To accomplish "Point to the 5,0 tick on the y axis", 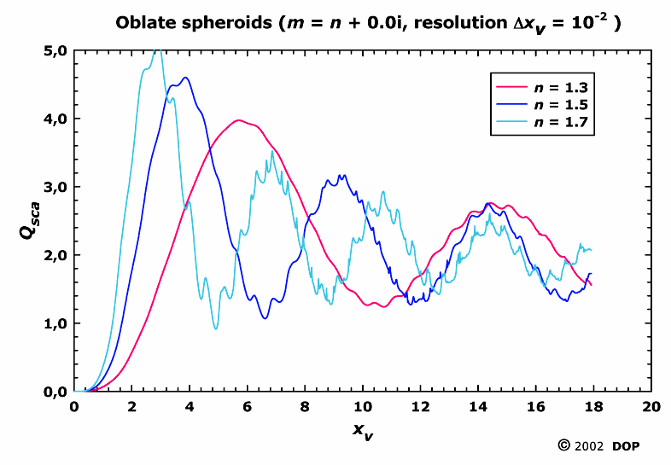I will click(x=54, y=50).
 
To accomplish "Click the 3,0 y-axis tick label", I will click(x=54, y=187).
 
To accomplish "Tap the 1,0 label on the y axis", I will click(x=54, y=323).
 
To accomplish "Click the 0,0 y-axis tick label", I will click(x=54, y=392).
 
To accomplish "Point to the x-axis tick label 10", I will click(x=363, y=407).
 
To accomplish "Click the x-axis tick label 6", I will click(x=248, y=407).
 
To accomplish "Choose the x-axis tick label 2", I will click(x=132, y=407).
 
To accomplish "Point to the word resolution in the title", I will click(x=441, y=23).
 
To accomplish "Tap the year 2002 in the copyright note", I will click(x=590, y=445).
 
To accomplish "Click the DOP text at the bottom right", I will click(x=629, y=445).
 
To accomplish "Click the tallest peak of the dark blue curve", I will click(x=184, y=78).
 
